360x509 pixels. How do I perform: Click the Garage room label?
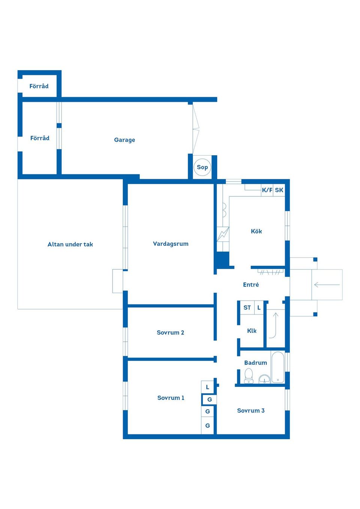(x=124, y=140)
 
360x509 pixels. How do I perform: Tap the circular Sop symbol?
(x=202, y=167)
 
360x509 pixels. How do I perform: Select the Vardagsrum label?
(x=171, y=244)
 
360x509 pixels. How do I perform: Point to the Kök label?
(x=256, y=231)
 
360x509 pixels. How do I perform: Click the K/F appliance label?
(x=267, y=190)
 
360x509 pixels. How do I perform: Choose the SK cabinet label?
(x=279, y=190)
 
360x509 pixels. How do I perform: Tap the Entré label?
(x=251, y=284)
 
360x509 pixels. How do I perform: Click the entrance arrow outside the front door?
(x=327, y=284)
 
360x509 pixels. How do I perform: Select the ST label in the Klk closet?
(x=247, y=308)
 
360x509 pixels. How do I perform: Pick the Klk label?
(x=252, y=331)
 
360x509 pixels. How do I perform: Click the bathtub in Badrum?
(x=278, y=367)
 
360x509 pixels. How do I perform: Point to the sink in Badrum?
(x=264, y=379)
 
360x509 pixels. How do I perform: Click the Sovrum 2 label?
(x=171, y=333)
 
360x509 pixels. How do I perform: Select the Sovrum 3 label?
(x=250, y=410)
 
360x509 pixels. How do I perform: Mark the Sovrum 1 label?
(x=171, y=398)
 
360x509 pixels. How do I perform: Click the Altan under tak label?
(x=70, y=244)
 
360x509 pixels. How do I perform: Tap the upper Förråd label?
(x=39, y=86)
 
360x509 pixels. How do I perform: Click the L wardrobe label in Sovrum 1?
(x=207, y=387)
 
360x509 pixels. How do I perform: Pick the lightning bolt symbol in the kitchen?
(x=223, y=234)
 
